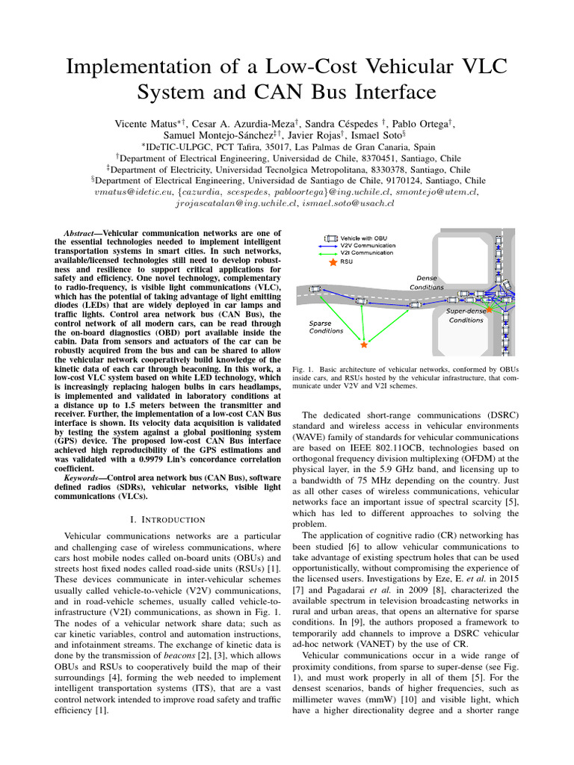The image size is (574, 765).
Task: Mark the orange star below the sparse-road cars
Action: pyautogui.click(x=364, y=345)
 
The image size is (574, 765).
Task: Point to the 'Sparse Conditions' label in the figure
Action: pyautogui.click(x=327, y=326)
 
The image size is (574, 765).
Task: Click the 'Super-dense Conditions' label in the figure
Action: pyautogui.click(x=466, y=315)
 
